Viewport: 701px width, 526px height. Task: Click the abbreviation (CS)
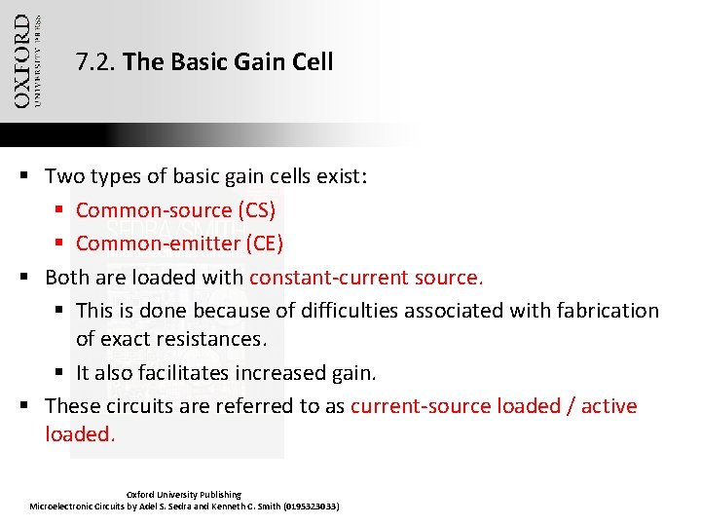pyautogui.click(x=257, y=210)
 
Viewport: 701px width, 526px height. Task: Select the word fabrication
pyautogui.click(x=606, y=310)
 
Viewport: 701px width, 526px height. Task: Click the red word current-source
pyautogui.click(x=420, y=405)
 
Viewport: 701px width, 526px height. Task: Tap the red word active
pyautogui.click(x=609, y=405)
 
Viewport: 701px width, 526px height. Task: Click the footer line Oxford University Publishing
pyautogui.click(x=184, y=494)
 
